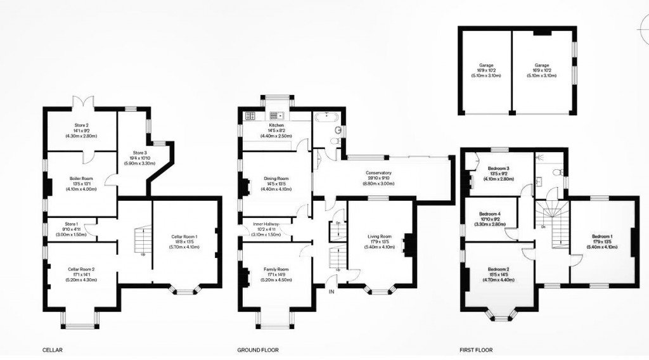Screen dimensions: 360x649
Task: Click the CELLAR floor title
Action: [x=52, y=350]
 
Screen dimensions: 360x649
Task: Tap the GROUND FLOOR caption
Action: [x=257, y=350]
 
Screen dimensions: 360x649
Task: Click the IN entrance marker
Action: [x=331, y=292]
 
